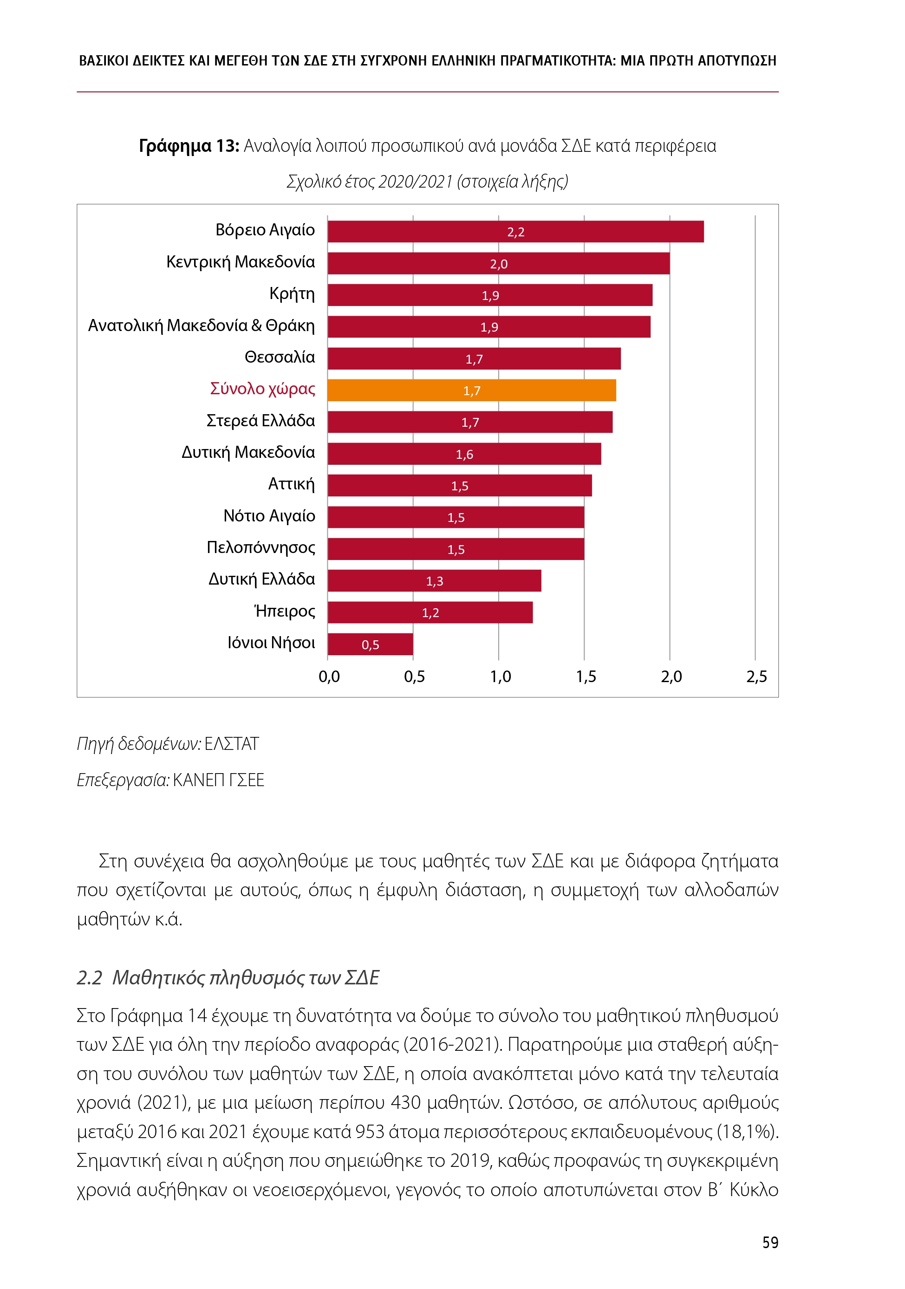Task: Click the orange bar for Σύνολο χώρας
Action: [472, 390]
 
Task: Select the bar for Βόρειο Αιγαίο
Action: [515, 231]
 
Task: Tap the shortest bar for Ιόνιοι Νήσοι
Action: [370, 644]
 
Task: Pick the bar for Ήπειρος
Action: [430, 612]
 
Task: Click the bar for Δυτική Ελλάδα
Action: [434, 580]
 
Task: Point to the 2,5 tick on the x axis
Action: [756, 677]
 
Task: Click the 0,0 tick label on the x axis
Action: [329, 677]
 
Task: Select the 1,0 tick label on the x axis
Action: [500, 677]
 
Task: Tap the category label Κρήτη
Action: [292, 293]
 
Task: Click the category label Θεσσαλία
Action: [280, 357]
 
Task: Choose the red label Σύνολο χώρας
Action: [262, 389]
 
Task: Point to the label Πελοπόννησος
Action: [260, 547]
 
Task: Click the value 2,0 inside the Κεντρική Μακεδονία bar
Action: [499, 264]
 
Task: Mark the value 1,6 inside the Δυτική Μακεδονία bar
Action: [464, 454]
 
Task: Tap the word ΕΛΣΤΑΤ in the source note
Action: [231, 744]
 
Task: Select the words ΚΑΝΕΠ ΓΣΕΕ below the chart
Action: [218, 780]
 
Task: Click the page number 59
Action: [770, 1243]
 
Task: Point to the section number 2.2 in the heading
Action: [89, 977]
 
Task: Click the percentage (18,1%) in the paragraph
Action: [748, 1131]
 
